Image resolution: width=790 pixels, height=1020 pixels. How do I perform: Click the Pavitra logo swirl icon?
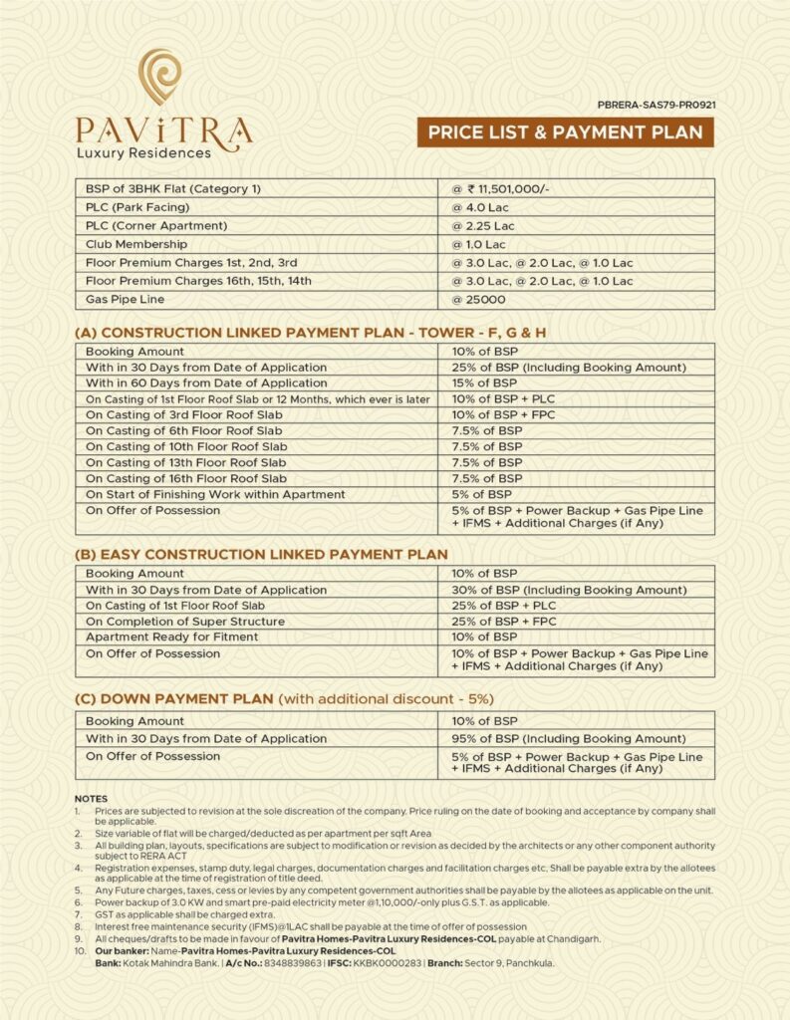(160, 79)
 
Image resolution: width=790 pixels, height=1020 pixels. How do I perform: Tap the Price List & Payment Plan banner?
(565, 131)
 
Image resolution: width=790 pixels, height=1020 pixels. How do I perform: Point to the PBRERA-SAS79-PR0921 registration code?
(657, 103)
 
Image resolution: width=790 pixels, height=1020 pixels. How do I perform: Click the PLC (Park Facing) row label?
(150, 206)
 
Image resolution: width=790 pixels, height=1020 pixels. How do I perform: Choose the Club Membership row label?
(136, 244)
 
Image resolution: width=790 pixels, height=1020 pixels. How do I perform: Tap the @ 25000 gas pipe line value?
(479, 299)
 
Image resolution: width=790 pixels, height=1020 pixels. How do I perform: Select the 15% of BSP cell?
(485, 382)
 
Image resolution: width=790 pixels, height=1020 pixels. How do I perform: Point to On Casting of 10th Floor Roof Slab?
(186, 446)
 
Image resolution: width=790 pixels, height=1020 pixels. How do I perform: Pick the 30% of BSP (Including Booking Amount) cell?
(569, 590)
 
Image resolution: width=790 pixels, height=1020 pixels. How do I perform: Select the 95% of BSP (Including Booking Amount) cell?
(569, 739)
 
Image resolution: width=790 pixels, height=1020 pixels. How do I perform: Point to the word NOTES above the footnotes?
(92, 799)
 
